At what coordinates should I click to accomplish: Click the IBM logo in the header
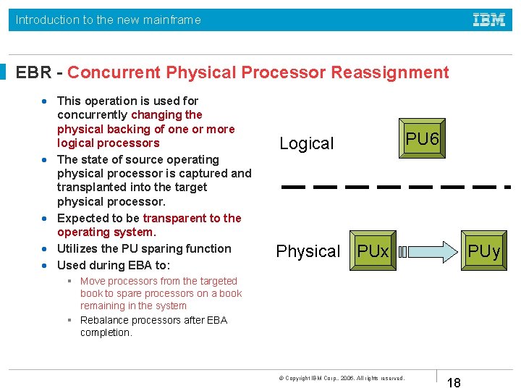coord(489,20)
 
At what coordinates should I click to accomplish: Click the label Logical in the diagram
coord(307,143)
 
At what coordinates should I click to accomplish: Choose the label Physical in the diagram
coord(308,251)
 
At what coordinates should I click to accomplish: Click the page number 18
coord(454,382)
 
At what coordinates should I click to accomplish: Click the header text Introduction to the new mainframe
coord(109,20)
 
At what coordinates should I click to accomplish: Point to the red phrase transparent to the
coord(192,218)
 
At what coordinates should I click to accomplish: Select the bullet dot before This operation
coord(46,101)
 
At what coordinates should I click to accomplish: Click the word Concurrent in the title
coord(114,72)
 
